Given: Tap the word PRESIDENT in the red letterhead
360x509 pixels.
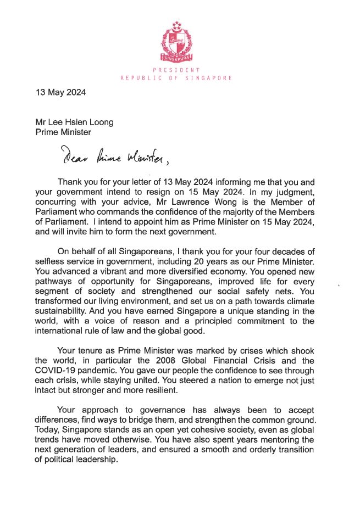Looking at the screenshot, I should [177, 70].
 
